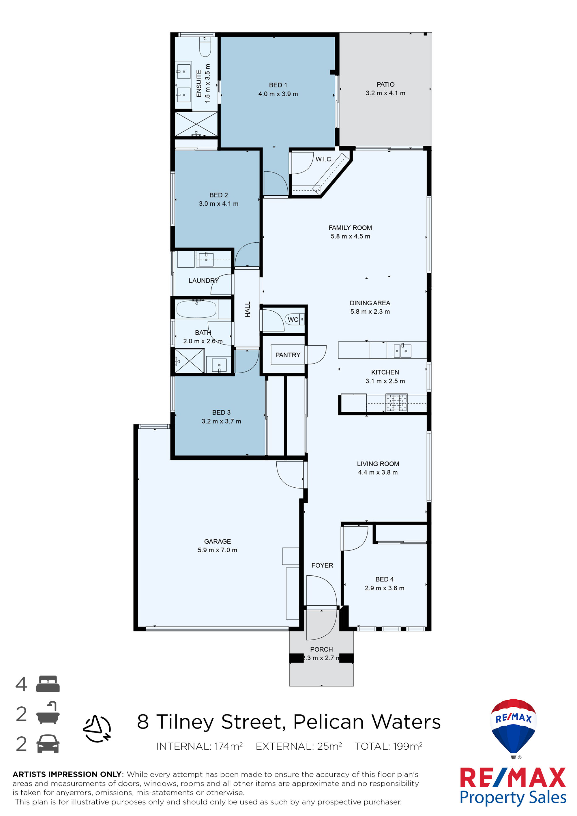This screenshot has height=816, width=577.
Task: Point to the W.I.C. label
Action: click(x=324, y=159)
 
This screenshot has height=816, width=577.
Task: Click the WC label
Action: click(x=293, y=319)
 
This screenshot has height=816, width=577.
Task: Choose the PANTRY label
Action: click(x=288, y=355)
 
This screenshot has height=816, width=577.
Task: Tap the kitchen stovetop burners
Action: click(x=396, y=403)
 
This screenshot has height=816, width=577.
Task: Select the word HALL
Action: click(x=248, y=309)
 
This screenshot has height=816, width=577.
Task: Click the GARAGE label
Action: click(x=218, y=541)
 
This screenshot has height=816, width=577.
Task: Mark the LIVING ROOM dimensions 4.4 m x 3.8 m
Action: click(x=378, y=472)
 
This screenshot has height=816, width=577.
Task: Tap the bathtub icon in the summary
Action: click(x=48, y=713)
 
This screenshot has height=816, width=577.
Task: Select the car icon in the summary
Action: click(x=48, y=744)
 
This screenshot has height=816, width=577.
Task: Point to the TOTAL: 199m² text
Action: click(x=388, y=746)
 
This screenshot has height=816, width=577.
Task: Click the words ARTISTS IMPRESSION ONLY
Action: click(x=67, y=774)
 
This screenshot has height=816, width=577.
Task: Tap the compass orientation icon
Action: click(x=97, y=729)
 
